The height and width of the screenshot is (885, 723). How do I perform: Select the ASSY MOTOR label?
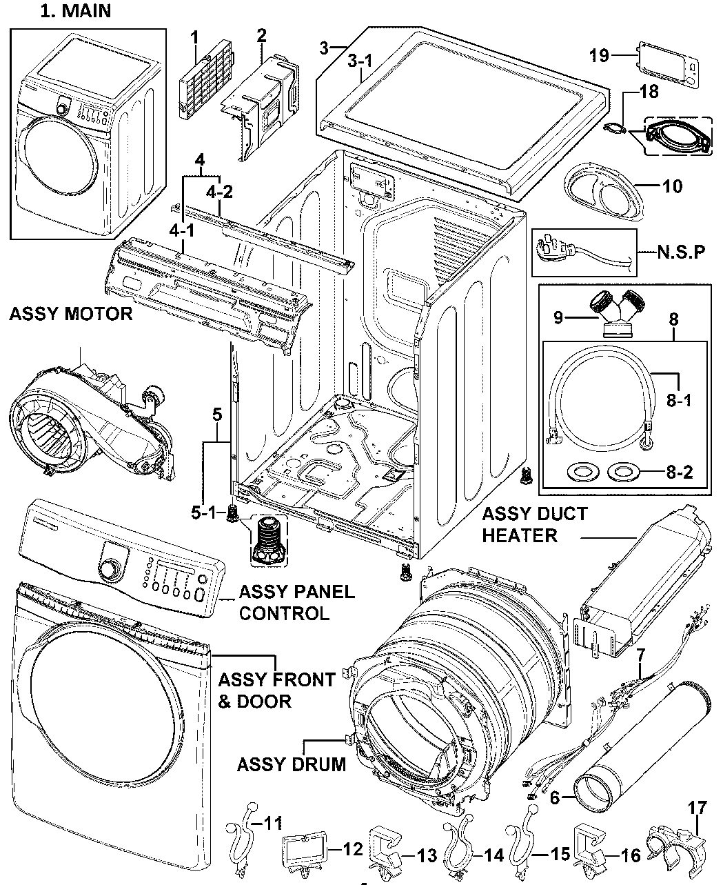click(x=70, y=315)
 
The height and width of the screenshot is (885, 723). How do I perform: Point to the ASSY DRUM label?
click(x=291, y=764)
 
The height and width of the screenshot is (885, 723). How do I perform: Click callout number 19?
click(x=600, y=55)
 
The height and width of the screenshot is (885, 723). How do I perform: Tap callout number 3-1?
click(x=359, y=61)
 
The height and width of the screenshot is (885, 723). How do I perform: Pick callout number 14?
click(x=493, y=856)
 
